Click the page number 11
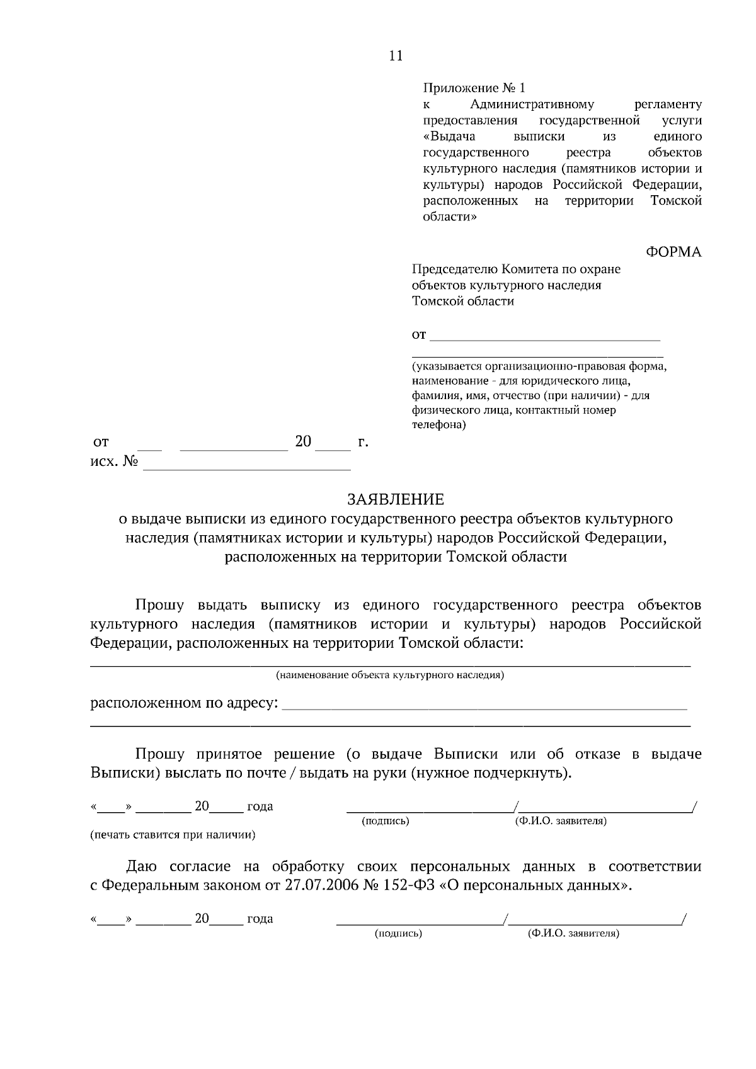pyautogui.click(x=396, y=56)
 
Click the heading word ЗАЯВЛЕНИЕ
pyautogui.click(x=396, y=499)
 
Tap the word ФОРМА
pyautogui.click(x=673, y=252)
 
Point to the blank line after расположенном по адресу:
pyautogui.click(x=484, y=708)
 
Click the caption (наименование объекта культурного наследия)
pyautogui.click(x=390, y=676)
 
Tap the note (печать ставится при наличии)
pyautogui.click(x=173, y=835)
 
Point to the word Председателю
pyautogui.click(x=455, y=269)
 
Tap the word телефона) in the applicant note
pyautogui.click(x=439, y=425)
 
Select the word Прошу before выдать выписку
pyautogui.click(x=159, y=606)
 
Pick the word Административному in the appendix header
pyautogui.click(x=532, y=105)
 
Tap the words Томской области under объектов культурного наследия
pyautogui.click(x=463, y=302)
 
